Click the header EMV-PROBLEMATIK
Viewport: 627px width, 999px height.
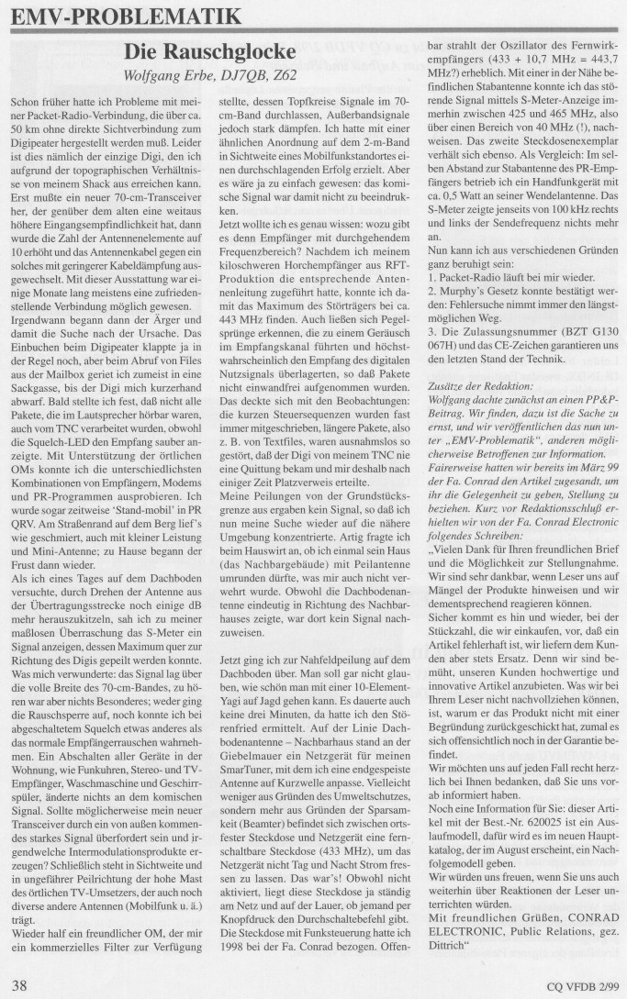127,16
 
